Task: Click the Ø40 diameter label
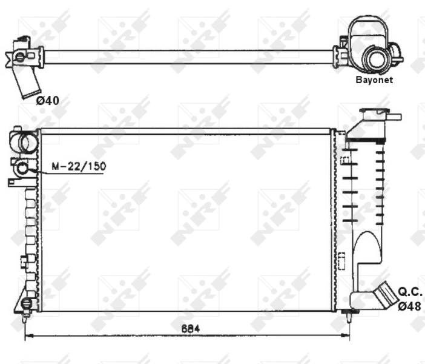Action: point(47,101)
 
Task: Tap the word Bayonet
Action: point(374,79)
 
